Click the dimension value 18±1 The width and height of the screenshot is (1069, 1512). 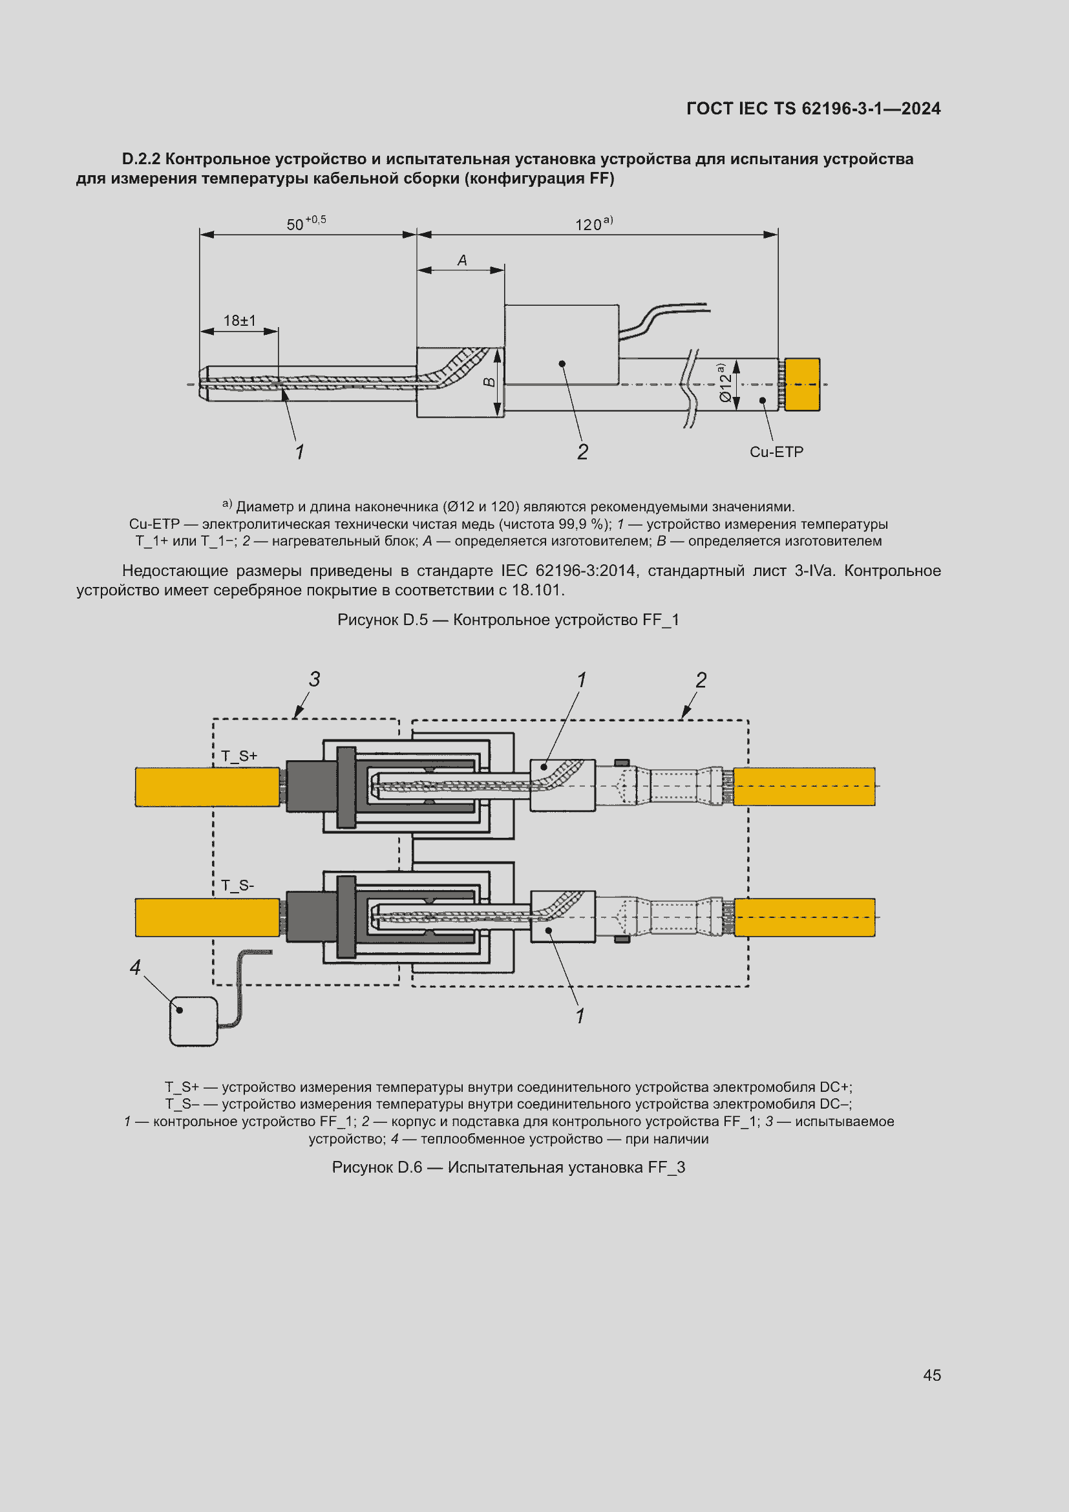(239, 321)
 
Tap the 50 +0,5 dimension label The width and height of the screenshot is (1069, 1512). (306, 224)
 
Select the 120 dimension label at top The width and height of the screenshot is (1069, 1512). (593, 224)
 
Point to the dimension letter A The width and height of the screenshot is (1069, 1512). (462, 261)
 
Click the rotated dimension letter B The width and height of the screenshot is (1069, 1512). (490, 382)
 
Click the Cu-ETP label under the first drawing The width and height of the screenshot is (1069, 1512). (776, 452)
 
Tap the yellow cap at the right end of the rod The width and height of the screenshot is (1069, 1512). (801, 385)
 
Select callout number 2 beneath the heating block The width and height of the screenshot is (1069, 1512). (582, 452)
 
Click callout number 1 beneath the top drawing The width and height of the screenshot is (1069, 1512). (299, 452)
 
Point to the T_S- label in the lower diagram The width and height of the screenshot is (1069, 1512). (238, 886)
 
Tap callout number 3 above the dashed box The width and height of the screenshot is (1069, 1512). (315, 679)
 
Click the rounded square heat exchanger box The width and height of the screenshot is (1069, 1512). (193, 1021)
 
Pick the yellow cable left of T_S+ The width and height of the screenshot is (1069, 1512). (207, 787)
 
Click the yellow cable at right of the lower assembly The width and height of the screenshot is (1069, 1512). (805, 917)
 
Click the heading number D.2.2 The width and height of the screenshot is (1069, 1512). (141, 160)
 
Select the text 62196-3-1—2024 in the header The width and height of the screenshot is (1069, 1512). (871, 109)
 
